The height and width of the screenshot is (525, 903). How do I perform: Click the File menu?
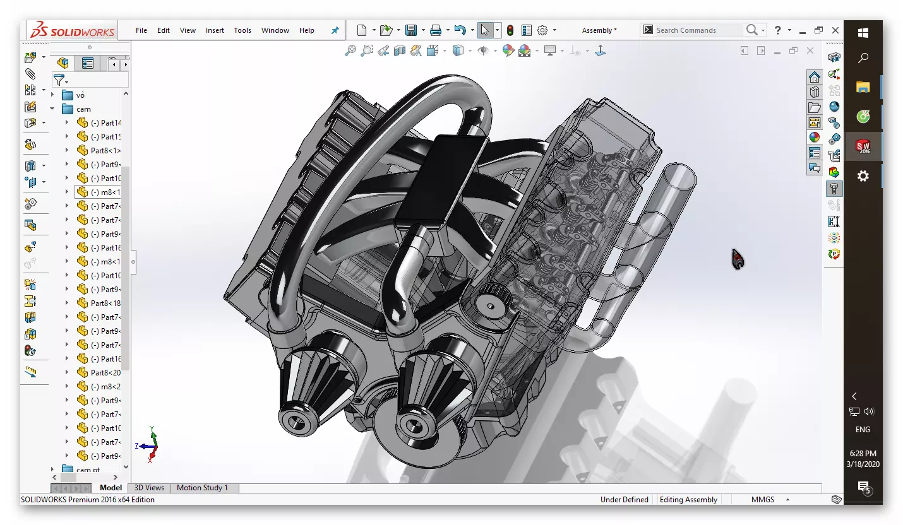tap(141, 30)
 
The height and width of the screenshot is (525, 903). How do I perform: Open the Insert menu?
tap(215, 30)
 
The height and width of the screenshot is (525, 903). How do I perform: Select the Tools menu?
tap(242, 30)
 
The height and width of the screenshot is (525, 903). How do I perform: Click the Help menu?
tap(306, 30)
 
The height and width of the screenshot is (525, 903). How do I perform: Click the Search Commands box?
tap(698, 30)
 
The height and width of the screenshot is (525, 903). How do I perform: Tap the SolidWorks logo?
tap(73, 30)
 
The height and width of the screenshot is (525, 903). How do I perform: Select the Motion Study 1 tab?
tap(202, 488)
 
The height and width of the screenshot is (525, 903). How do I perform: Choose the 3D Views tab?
tap(149, 488)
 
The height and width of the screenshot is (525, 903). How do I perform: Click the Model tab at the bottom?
tap(111, 488)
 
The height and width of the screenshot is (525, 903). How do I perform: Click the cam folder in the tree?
tap(83, 109)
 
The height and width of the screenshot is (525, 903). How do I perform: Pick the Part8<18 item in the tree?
tap(105, 304)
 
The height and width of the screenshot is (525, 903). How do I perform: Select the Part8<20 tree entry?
tap(105, 373)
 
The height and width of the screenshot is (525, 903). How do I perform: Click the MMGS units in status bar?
tap(762, 500)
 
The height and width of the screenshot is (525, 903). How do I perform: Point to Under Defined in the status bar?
tap(624, 500)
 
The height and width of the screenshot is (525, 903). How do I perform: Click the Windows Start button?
tap(863, 32)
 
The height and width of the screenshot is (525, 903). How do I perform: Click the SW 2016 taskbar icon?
tap(863, 147)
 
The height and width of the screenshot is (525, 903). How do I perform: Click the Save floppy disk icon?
tap(411, 30)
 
